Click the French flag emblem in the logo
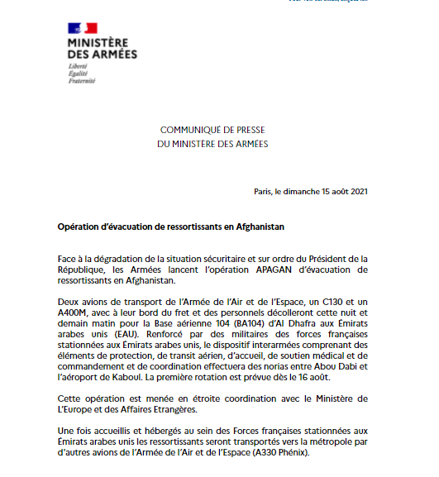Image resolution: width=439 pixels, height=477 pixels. pos(83,28)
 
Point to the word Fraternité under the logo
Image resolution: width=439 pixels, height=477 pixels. pos(82,80)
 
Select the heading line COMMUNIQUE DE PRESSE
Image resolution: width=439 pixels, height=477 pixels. pos(212,131)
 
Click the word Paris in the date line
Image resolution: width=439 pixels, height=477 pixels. pos(265,192)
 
